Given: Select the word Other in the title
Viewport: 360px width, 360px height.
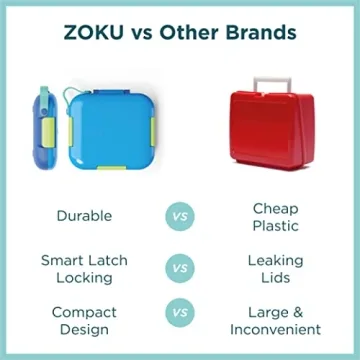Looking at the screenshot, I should point(195,32).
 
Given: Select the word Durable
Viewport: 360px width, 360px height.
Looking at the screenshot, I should point(84,215).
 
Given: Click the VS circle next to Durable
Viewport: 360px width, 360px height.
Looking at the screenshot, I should point(180,215).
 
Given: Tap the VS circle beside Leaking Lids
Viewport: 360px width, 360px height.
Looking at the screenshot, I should point(180,267).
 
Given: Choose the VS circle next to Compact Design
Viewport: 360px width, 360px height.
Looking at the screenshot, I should point(180,320).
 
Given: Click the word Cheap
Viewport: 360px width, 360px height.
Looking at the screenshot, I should point(275,206).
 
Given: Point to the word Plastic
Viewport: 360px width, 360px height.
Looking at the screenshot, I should point(275,224).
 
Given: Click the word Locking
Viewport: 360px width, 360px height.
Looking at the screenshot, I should point(84,277).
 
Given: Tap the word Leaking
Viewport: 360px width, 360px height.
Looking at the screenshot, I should point(275,259).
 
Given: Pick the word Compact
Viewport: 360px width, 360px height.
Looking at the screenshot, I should point(84,312).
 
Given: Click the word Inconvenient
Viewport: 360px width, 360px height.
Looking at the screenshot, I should point(275,329).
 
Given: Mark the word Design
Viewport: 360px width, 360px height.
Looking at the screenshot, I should point(84,329).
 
